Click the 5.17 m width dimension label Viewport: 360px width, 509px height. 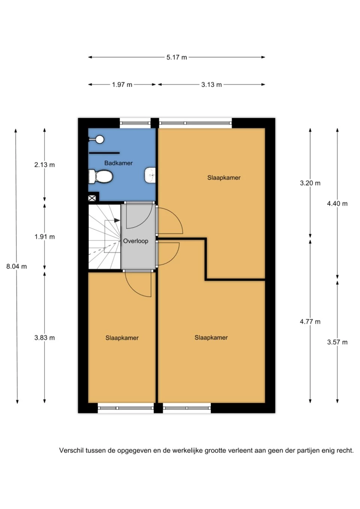click(x=177, y=57)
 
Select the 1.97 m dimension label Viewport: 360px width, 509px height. click(x=122, y=85)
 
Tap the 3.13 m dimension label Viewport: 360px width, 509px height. click(x=211, y=85)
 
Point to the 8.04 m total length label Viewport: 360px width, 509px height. click(x=16, y=266)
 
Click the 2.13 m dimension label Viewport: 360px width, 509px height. click(x=45, y=165)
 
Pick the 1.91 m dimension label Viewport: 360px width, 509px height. click(x=45, y=237)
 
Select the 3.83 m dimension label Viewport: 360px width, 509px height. click(x=45, y=338)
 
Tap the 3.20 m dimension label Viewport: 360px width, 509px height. click(x=310, y=183)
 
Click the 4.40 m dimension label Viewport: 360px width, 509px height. click(x=337, y=204)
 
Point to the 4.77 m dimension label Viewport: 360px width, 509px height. click(x=310, y=322)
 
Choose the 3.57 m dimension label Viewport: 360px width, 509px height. click(x=337, y=342)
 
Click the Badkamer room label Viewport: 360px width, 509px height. click(x=118, y=163)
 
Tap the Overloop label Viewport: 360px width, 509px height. click(x=136, y=241)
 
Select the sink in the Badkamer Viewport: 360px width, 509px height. click(x=150, y=175)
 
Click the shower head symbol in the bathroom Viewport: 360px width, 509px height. click(x=99, y=139)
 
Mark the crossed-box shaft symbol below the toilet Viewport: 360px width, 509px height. click(x=92, y=198)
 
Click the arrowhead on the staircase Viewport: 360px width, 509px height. click(x=117, y=221)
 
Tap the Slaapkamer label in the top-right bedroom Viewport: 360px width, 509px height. click(x=224, y=178)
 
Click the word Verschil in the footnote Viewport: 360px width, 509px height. click(x=71, y=451)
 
